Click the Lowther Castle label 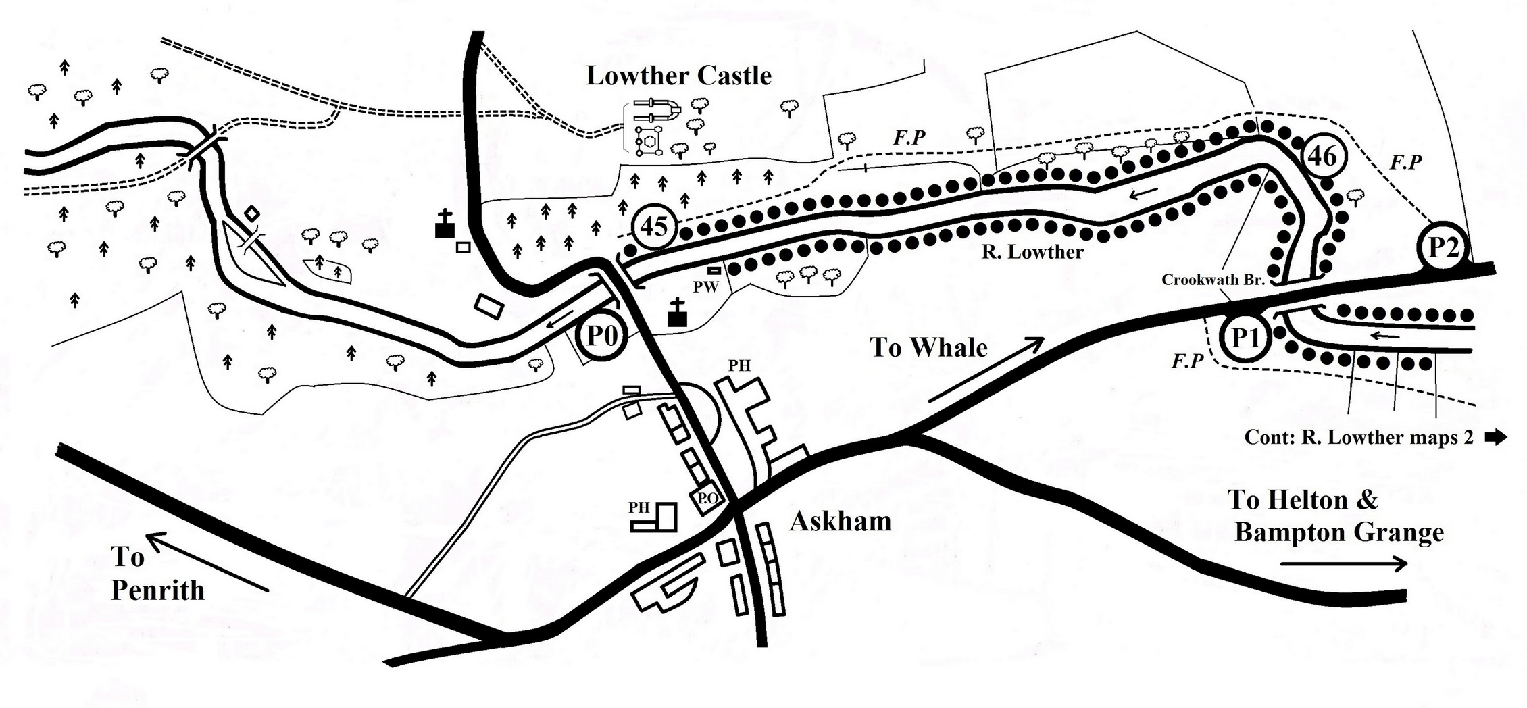(678, 76)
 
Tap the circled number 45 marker (653, 226)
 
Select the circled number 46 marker (1322, 156)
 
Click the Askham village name (840, 522)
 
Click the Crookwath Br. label (1213, 280)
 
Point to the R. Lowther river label (1032, 252)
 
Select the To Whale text (928, 347)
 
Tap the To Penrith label (157, 574)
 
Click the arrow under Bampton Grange (1343, 563)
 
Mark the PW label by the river (705, 286)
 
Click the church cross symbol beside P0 (677, 312)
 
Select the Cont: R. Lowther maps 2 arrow (1497, 437)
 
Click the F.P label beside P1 (1188, 361)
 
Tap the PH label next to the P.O (639, 507)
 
